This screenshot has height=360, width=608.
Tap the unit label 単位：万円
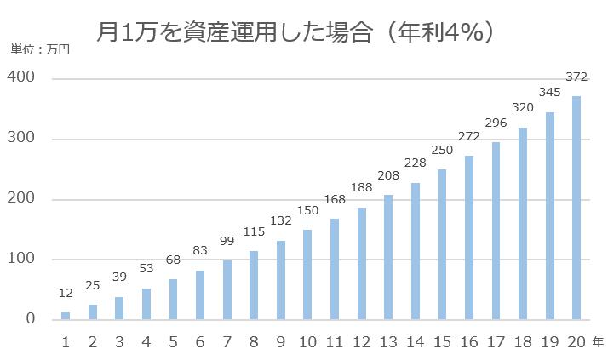tap(40, 49)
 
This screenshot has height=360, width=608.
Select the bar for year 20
tap(576, 208)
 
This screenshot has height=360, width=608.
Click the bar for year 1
tap(66, 316)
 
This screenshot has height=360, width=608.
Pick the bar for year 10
tap(307, 275)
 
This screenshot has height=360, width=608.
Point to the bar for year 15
tap(442, 244)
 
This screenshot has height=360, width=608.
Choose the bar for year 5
tap(173, 299)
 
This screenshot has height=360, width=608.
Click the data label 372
tap(576, 77)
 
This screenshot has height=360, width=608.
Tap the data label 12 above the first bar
tap(66, 294)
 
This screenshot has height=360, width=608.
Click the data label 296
tap(496, 123)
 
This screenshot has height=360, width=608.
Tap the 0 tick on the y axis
tap(29, 319)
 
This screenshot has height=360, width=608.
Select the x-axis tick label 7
tap(227, 342)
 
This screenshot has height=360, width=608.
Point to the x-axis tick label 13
tap(388, 342)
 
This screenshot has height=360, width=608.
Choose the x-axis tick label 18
tap(523, 342)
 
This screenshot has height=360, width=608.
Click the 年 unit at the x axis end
tap(598, 341)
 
